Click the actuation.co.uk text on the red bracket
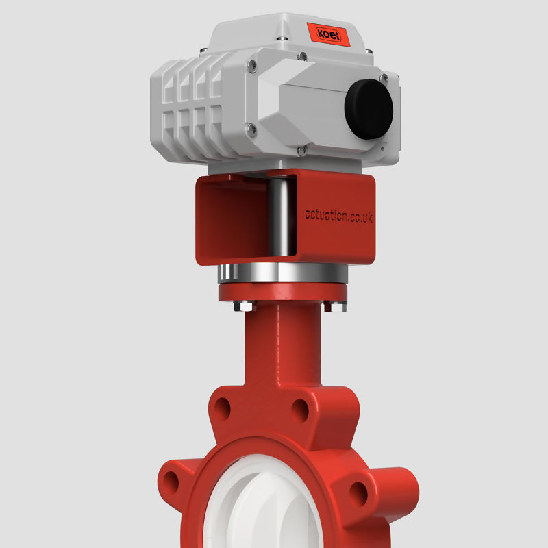(338, 216)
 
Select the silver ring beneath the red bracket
(282, 275)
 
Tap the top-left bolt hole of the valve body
(222, 410)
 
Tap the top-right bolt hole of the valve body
(299, 410)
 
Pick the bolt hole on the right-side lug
(358, 489)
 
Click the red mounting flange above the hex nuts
(282, 293)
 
